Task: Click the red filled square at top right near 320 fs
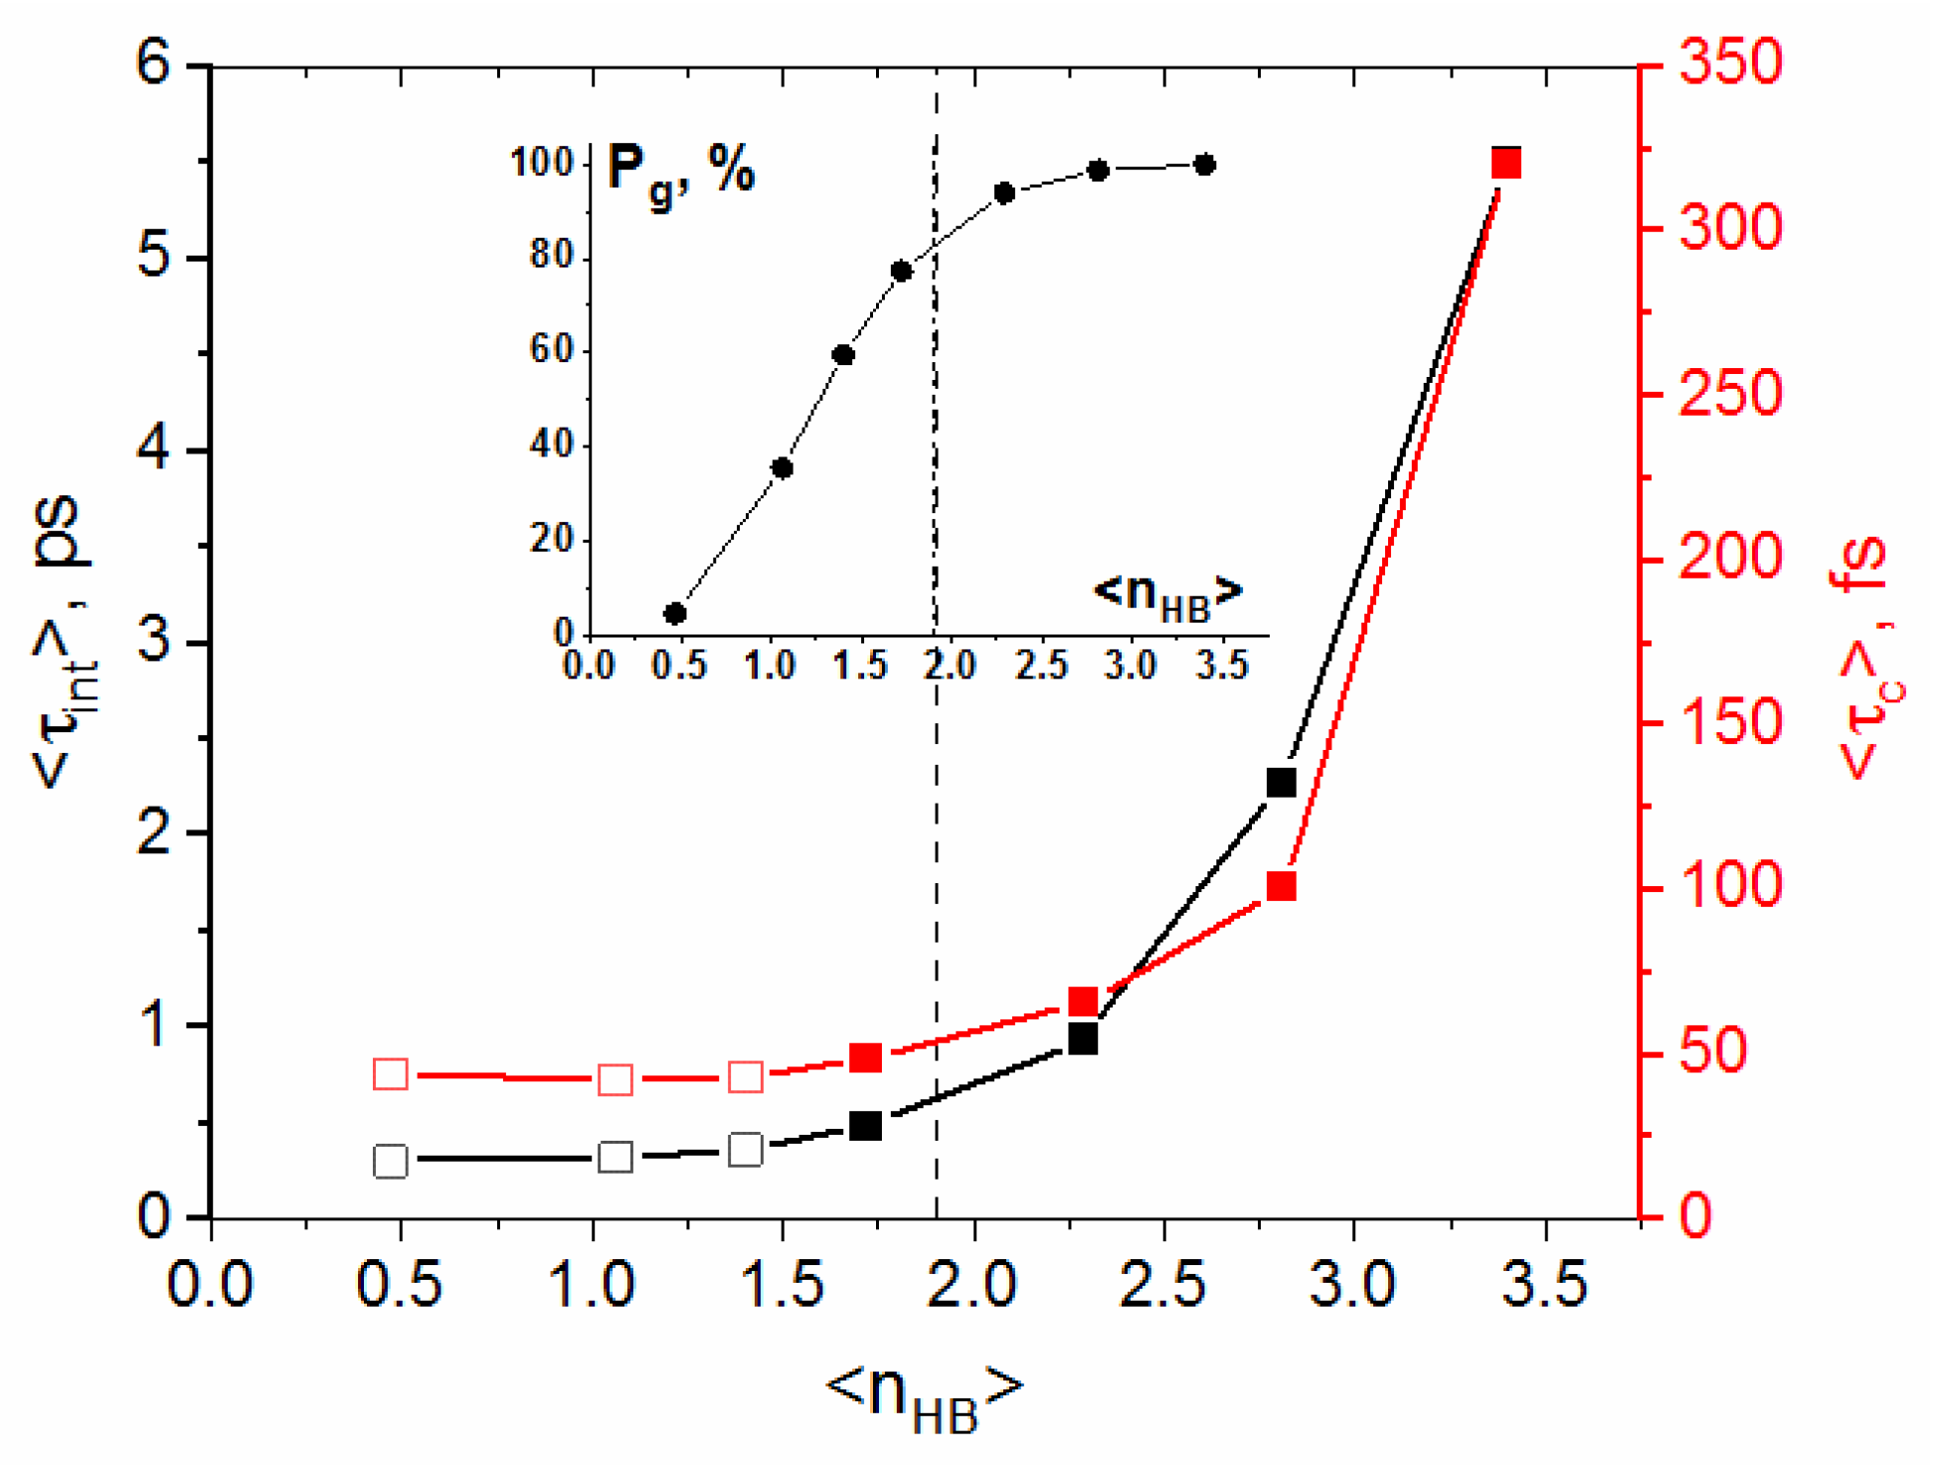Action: pyautogui.click(x=1505, y=163)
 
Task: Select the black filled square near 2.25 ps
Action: pyautogui.click(x=1281, y=783)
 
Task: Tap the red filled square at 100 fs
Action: pyautogui.click(x=1281, y=886)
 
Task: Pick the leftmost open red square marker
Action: pyautogui.click(x=390, y=1074)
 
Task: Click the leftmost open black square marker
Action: pyautogui.click(x=390, y=1161)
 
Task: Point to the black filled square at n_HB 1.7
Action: pyautogui.click(x=866, y=1126)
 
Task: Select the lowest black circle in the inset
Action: pyautogui.click(x=675, y=613)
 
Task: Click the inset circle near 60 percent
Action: pyautogui.click(x=843, y=355)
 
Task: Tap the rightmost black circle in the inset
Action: pyautogui.click(x=1204, y=165)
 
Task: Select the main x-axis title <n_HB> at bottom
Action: pyautogui.click(x=925, y=1392)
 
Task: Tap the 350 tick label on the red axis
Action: pyautogui.click(x=1730, y=62)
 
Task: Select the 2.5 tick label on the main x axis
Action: pyautogui.click(x=1162, y=1284)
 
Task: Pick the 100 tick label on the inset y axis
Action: pyautogui.click(x=542, y=161)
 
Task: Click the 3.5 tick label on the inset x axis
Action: pyautogui.click(x=1221, y=665)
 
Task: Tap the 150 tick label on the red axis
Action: pyautogui.click(x=1730, y=722)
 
